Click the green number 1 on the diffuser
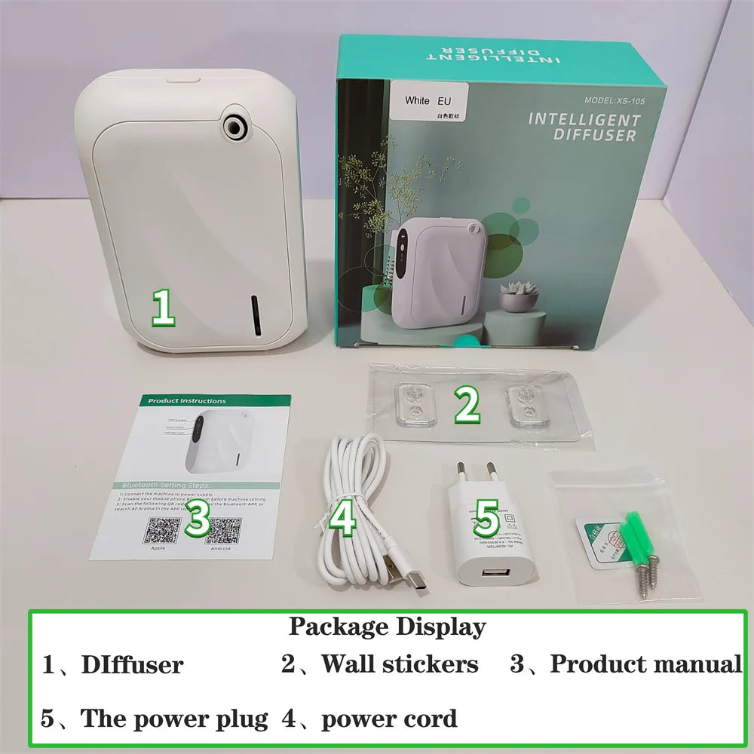pyautogui.click(x=164, y=308)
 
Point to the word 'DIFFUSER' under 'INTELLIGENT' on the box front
pyautogui.click(x=595, y=136)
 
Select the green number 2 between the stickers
pyautogui.click(x=467, y=406)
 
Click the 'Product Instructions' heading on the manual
pyautogui.click(x=186, y=401)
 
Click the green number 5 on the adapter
pyautogui.click(x=487, y=520)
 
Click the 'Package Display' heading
pyautogui.click(x=388, y=627)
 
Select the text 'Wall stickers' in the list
pyautogui.click(x=400, y=664)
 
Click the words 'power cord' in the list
pyautogui.click(x=389, y=719)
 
